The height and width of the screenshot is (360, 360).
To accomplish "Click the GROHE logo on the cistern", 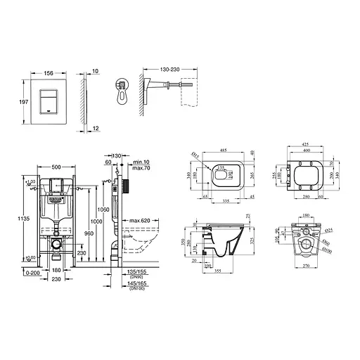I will pyautogui.click(x=53, y=200).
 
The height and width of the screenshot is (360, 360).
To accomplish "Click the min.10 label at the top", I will pyautogui.click(x=140, y=162).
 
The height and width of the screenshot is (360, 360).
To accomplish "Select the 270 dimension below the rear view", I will pyautogui.click(x=305, y=267).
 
